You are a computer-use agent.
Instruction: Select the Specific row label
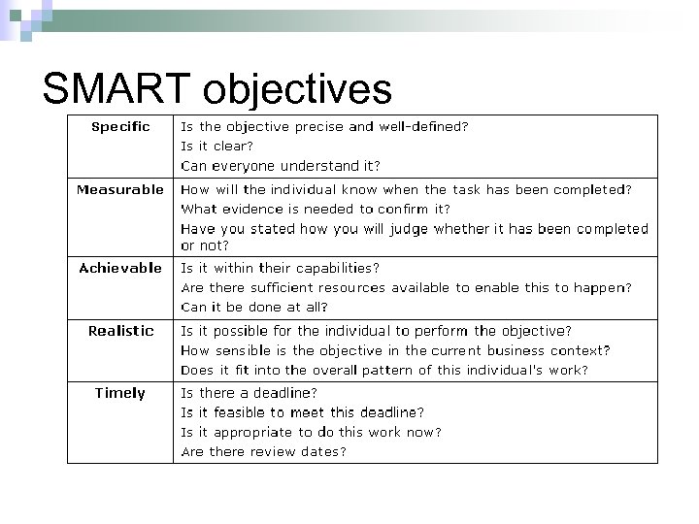pyautogui.click(x=120, y=126)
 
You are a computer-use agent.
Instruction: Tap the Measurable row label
pyautogui.click(x=120, y=189)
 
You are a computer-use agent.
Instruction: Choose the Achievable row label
pyautogui.click(x=120, y=268)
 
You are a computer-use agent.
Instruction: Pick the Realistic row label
pyautogui.click(x=120, y=331)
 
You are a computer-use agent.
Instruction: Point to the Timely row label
pyautogui.click(x=120, y=393)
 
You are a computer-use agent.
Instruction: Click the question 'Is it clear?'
pyautogui.click(x=217, y=146)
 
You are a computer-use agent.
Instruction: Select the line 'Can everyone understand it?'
pyautogui.click(x=281, y=165)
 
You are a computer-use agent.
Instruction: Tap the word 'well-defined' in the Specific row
pyautogui.click(x=418, y=126)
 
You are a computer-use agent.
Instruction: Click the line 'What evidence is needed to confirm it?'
pyautogui.click(x=316, y=209)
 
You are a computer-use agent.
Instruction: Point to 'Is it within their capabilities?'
pyautogui.click(x=281, y=268)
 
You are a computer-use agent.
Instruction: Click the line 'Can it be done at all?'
pyautogui.click(x=251, y=307)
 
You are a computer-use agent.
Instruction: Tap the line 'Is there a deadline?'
pyautogui.click(x=250, y=393)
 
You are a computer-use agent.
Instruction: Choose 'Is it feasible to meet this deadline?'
pyautogui.click(x=303, y=412)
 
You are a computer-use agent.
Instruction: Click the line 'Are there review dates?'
pyautogui.click(x=264, y=451)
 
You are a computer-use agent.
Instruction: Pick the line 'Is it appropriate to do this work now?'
pyautogui.click(x=312, y=432)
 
